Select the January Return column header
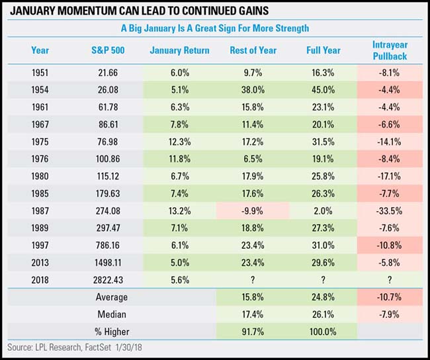point(179,50)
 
